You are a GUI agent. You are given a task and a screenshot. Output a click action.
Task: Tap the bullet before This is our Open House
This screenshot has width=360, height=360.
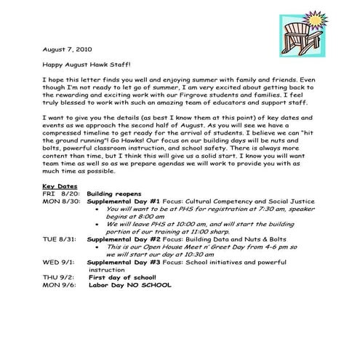pos(98,266)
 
